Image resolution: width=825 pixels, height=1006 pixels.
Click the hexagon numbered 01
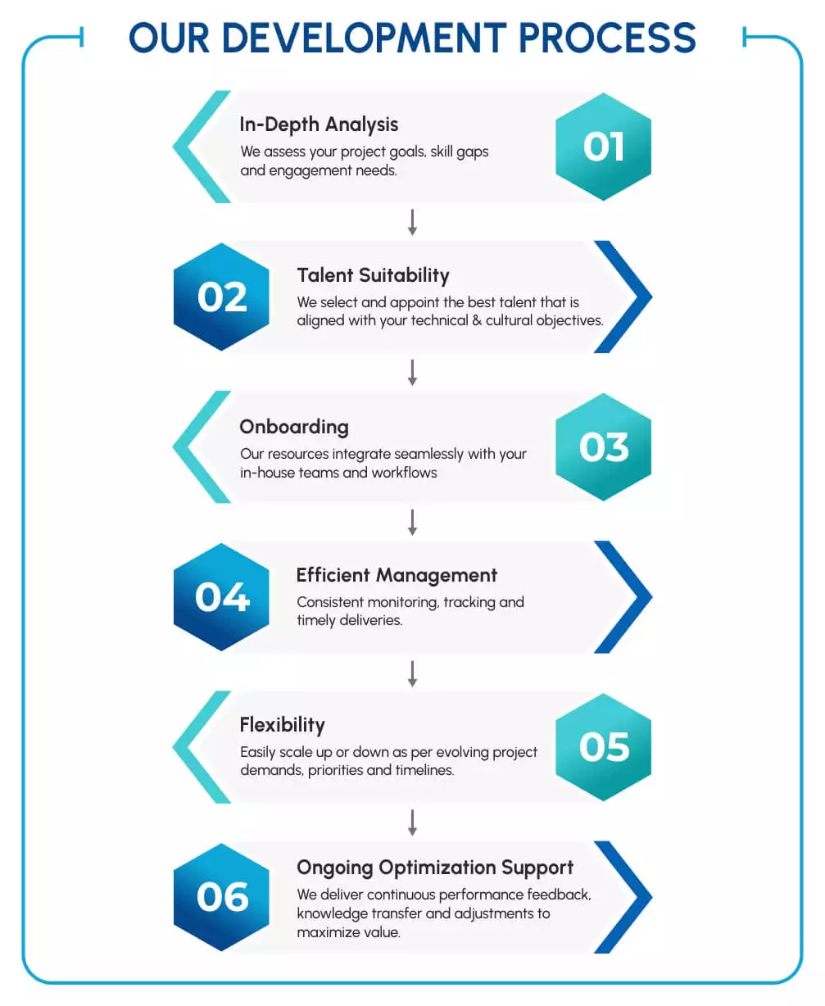(603, 147)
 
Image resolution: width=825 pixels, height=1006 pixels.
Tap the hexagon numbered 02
(222, 297)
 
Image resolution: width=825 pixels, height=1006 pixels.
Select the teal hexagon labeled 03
(603, 447)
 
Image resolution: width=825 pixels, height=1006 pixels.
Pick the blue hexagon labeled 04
(222, 597)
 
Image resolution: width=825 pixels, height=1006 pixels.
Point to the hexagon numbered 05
(603, 747)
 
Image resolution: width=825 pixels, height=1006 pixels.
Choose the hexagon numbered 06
(222, 897)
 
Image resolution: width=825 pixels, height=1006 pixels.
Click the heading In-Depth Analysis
(319, 125)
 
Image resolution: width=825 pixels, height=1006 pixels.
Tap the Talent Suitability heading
(373, 275)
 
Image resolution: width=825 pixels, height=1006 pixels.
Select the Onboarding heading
(293, 427)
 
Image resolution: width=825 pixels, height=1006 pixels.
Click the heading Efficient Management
(397, 575)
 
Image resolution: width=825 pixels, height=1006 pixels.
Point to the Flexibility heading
(282, 725)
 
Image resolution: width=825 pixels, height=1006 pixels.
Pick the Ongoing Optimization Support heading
(435, 868)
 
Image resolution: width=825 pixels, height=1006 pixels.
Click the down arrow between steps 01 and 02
(412, 222)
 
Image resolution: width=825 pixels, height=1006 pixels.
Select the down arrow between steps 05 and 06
(412, 822)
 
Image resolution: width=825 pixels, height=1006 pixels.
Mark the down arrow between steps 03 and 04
(412, 522)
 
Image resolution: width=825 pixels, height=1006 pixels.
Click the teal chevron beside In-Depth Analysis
(197, 147)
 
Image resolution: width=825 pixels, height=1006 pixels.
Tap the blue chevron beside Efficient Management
(627, 597)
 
